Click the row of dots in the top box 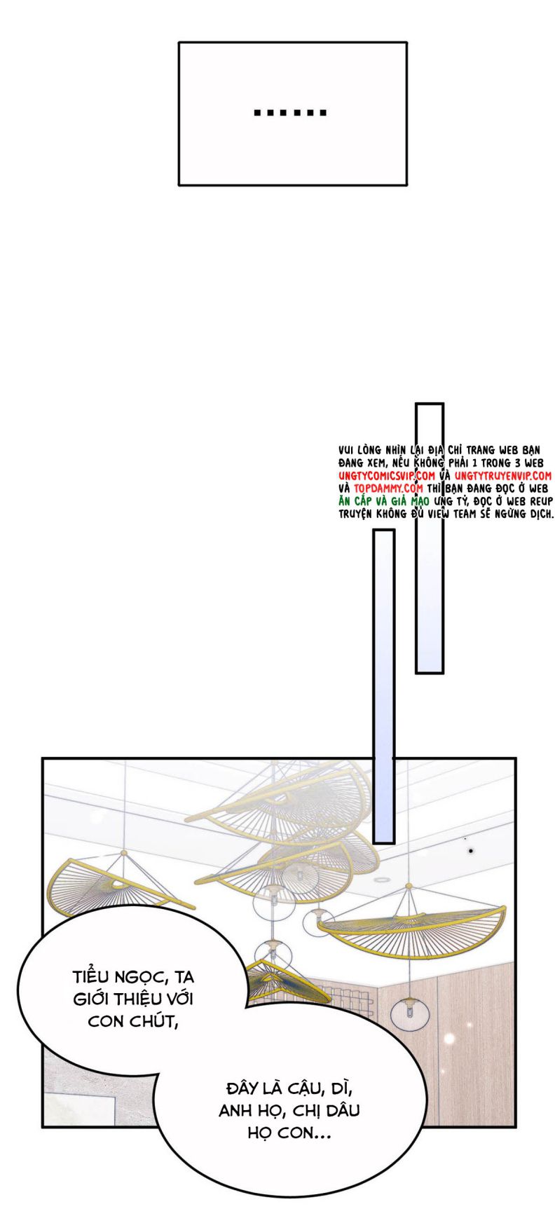tap(290, 112)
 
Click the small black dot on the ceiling tap(471, 850)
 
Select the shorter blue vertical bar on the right tap(430, 538)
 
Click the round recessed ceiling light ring tap(382, 880)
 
